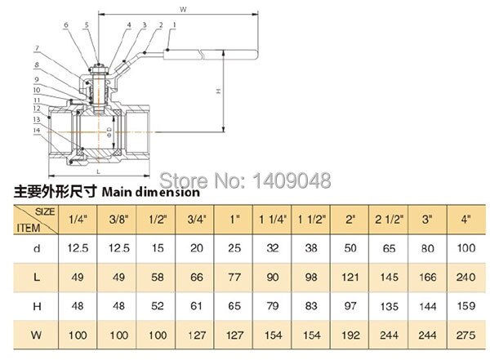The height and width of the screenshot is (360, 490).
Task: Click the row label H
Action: (27, 305)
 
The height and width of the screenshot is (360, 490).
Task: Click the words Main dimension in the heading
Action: (150, 193)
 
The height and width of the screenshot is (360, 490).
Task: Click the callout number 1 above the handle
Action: (173, 25)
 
